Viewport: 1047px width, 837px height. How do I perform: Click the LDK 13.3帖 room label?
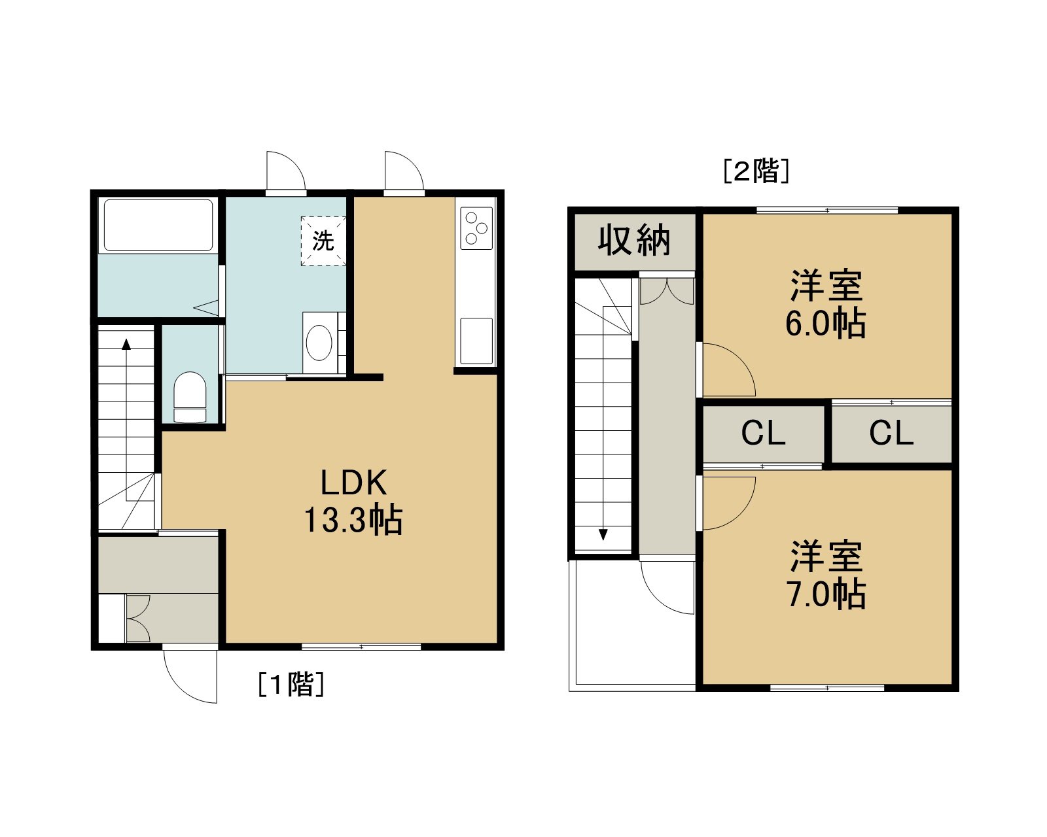(353, 502)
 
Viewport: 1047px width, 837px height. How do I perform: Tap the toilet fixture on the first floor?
(190, 397)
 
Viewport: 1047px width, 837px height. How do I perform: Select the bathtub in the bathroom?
(158, 225)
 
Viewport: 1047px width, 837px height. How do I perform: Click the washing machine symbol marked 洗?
(323, 241)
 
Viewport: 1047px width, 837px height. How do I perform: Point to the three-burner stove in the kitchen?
(476, 228)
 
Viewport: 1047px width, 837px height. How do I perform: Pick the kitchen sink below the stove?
(476, 341)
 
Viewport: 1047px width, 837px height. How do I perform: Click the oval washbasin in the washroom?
(319, 343)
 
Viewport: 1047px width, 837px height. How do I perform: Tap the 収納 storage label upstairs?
(634, 240)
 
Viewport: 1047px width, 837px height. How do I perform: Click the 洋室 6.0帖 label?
(826, 304)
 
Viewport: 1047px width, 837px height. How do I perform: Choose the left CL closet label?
(763, 433)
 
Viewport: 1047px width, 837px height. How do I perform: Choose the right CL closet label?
(891, 433)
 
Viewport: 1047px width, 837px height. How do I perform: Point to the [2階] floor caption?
(756, 171)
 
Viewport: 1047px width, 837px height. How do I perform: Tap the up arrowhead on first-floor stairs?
(126, 345)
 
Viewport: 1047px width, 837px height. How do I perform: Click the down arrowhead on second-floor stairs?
(603, 534)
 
